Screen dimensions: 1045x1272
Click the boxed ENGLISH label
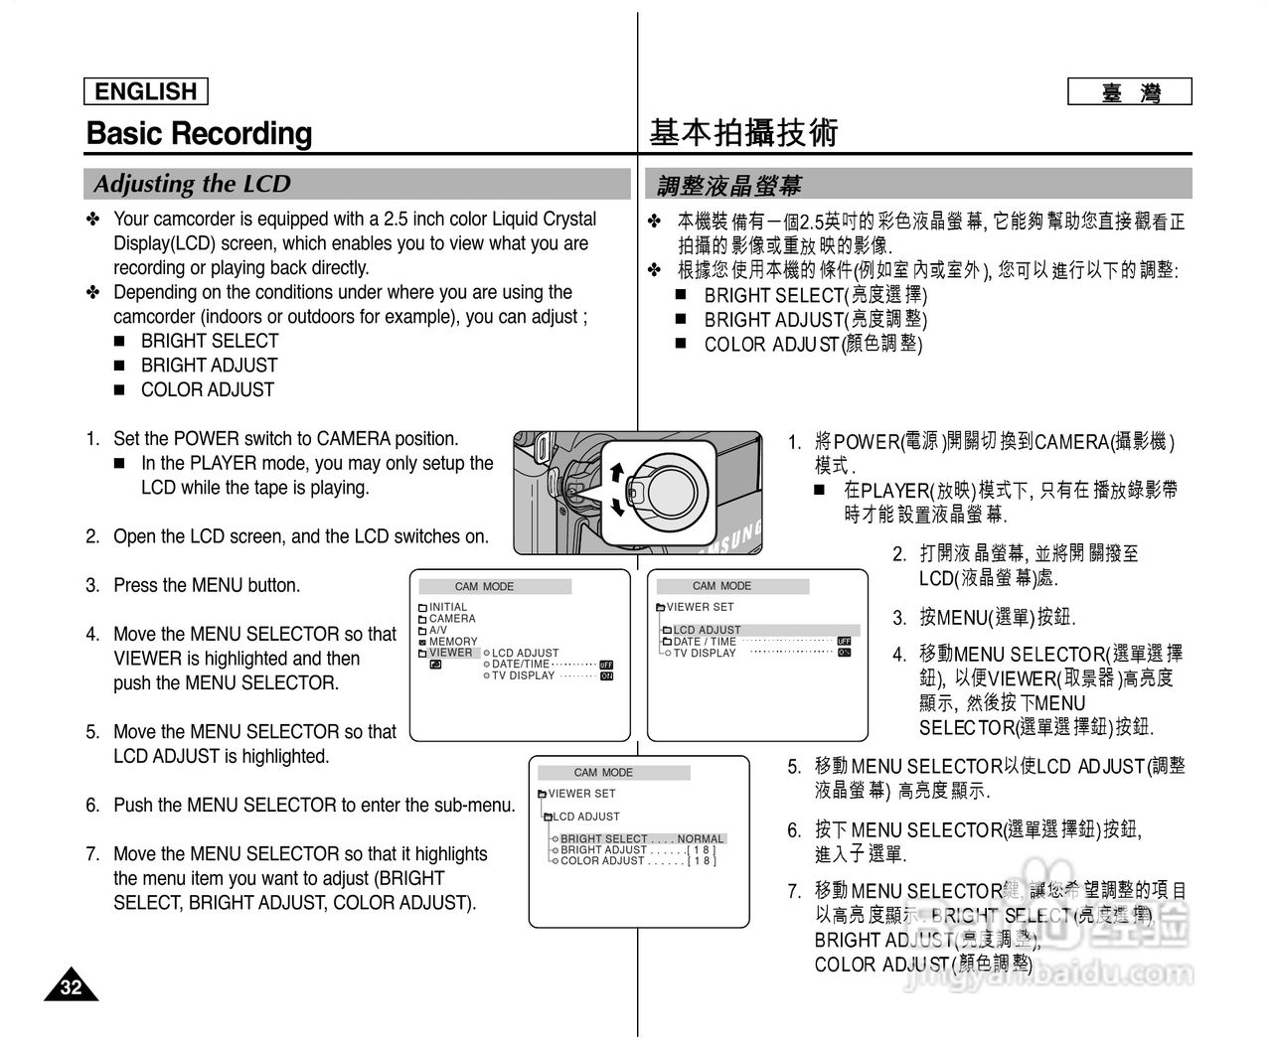tap(146, 91)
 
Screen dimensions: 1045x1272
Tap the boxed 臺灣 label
tap(1130, 92)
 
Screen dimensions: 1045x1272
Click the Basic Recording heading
tap(199, 133)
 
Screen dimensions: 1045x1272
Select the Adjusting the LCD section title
tap(192, 184)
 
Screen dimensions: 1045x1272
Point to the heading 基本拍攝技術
tap(744, 132)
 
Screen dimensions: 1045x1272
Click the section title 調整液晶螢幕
tap(729, 185)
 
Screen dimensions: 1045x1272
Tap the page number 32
tap(71, 986)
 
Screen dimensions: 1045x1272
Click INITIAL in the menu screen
tap(447, 607)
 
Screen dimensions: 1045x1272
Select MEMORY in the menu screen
tap(453, 642)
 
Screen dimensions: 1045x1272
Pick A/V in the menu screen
tap(438, 630)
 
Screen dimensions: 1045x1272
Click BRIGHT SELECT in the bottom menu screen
tap(603, 838)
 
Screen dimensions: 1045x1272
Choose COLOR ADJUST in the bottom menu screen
tap(602, 861)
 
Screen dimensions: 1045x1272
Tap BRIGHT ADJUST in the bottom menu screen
tap(603, 850)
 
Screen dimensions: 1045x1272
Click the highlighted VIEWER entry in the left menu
tap(450, 653)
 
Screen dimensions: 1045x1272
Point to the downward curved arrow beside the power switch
tap(618, 507)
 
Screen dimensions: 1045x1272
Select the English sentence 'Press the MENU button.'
tap(207, 585)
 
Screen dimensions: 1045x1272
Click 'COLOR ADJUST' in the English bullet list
tap(207, 389)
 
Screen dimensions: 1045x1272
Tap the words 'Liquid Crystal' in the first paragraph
tap(545, 219)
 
